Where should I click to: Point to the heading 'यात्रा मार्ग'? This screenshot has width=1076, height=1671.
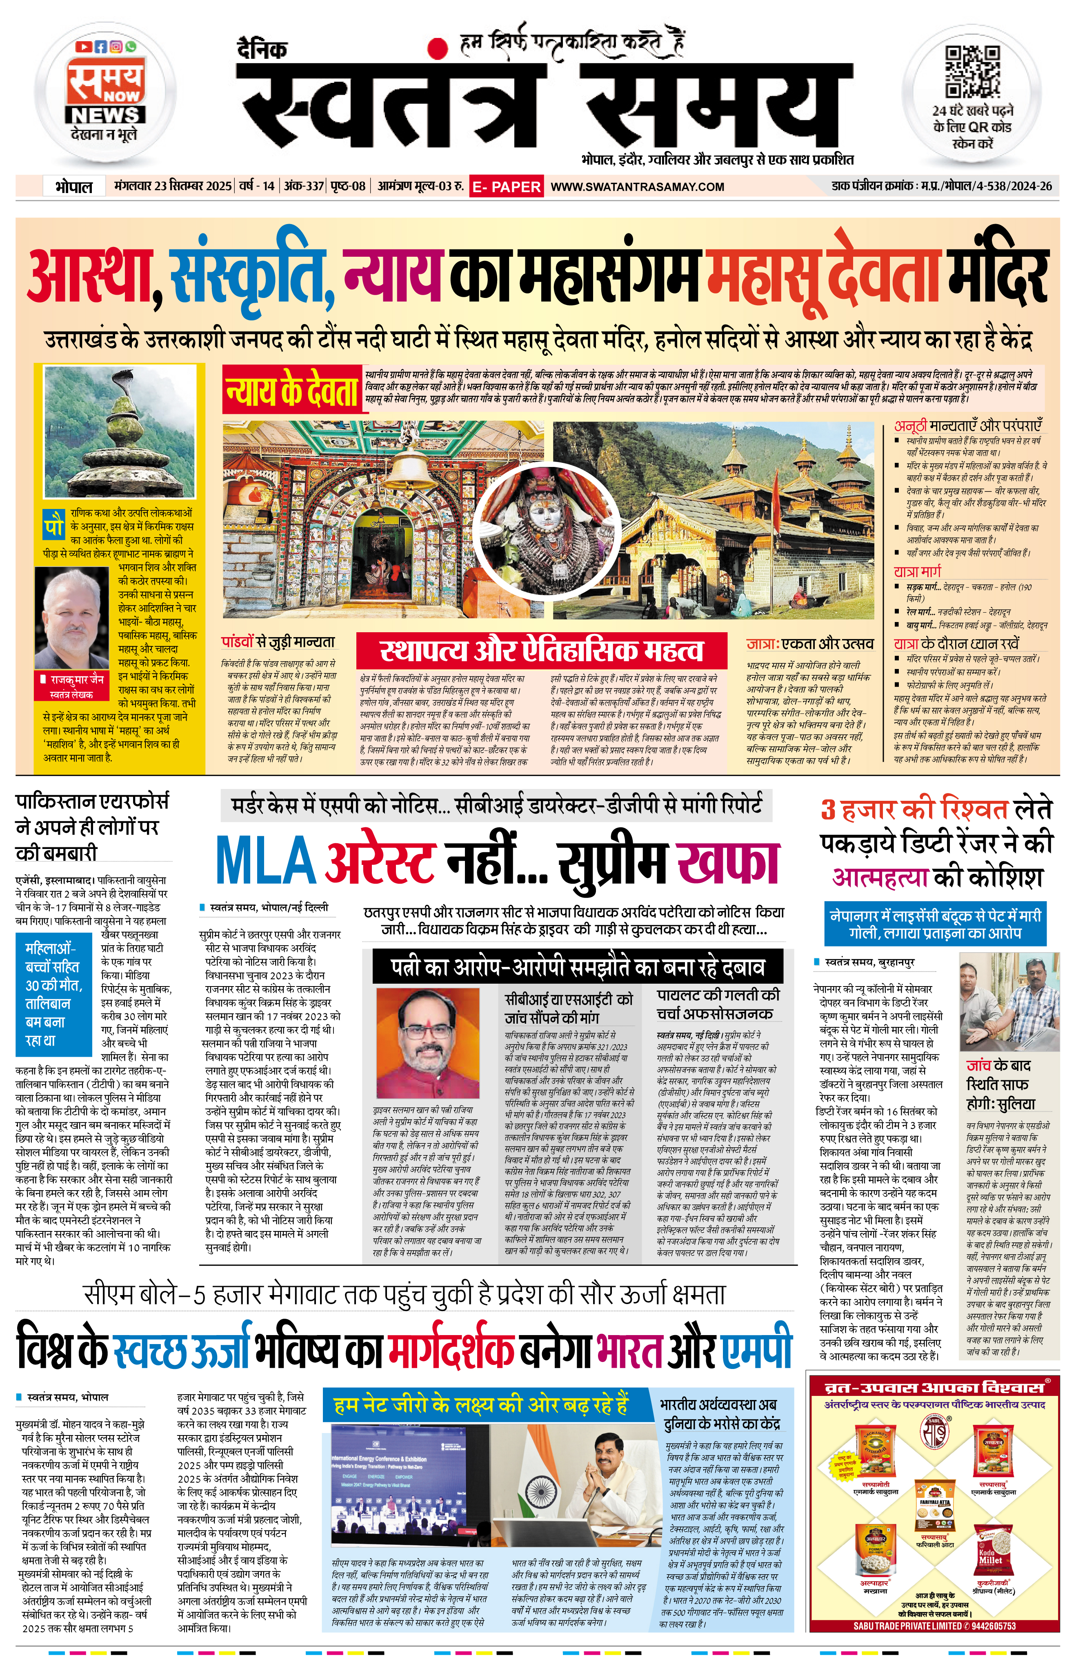(x=917, y=571)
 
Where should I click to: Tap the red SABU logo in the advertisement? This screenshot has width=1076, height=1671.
(x=937, y=1432)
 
